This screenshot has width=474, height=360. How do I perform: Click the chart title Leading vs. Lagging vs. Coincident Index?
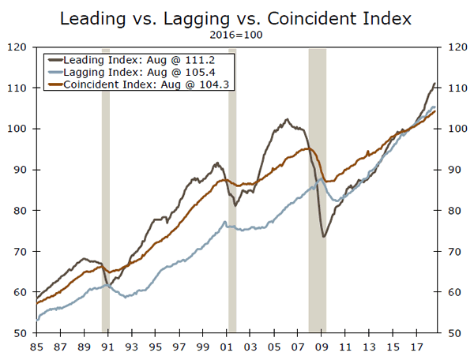236,17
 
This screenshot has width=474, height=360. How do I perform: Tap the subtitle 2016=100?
236,36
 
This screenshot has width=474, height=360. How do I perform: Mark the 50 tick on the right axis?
457,333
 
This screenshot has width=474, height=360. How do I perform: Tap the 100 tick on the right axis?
457,129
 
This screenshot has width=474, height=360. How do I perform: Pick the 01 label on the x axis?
228,346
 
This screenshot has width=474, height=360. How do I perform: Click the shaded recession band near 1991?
106,189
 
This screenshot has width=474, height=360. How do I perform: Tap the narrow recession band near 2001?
232,189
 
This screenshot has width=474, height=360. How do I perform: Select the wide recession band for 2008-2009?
317,189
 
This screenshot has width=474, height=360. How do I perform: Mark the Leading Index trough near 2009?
324,236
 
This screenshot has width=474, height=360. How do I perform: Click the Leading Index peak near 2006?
288,119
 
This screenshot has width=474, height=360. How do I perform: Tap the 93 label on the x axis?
132,346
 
